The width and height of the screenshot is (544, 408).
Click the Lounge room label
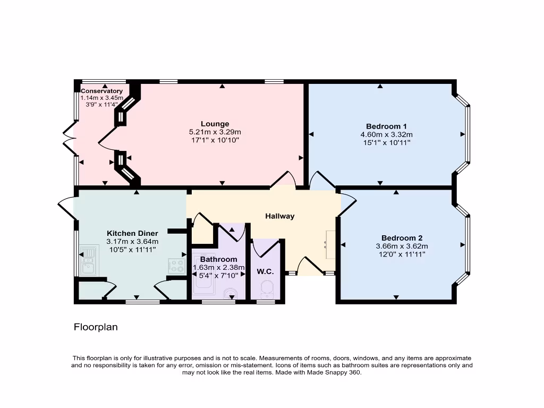click(215, 124)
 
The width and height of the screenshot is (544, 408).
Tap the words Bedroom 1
click(386, 126)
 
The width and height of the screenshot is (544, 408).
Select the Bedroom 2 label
click(402, 237)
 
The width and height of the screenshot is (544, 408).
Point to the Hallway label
click(279, 216)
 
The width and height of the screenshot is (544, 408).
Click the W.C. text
click(265, 271)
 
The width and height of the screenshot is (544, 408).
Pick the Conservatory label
click(101, 91)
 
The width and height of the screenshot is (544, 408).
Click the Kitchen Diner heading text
click(132, 233)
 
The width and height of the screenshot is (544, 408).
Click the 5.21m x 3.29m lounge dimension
click(215, 132)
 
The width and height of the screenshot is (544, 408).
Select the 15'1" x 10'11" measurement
click(386, 142)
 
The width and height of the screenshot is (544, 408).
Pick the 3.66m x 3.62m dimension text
click(402, 246)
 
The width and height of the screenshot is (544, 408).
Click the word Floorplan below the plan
click(96, 327)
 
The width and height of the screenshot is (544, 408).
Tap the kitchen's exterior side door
click(66, 207)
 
